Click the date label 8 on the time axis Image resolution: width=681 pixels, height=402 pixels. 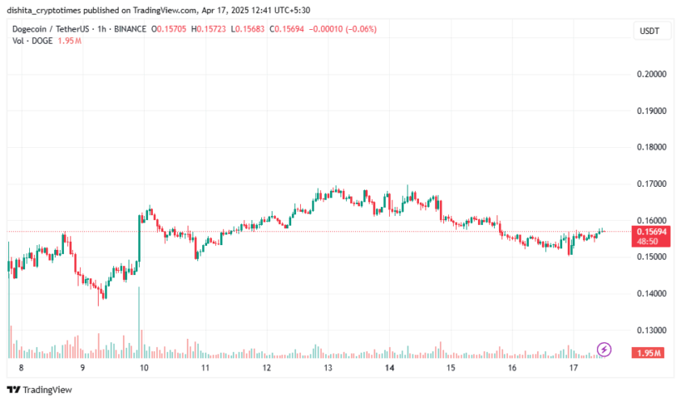pos(21,367)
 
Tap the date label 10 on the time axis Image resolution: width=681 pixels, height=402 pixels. pos(144,367)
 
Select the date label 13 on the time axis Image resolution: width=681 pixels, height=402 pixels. pos(328,367)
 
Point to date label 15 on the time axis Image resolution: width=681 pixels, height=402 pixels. pos(451,367)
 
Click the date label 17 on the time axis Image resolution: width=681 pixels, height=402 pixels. pos(573,367)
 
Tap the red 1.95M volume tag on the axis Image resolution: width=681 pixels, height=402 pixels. pos(649,354)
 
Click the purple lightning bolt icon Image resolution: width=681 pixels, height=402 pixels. pos(605,350)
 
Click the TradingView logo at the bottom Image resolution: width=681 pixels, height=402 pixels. pos(39,390)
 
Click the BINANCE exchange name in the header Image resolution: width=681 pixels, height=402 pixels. pos(132,28)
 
